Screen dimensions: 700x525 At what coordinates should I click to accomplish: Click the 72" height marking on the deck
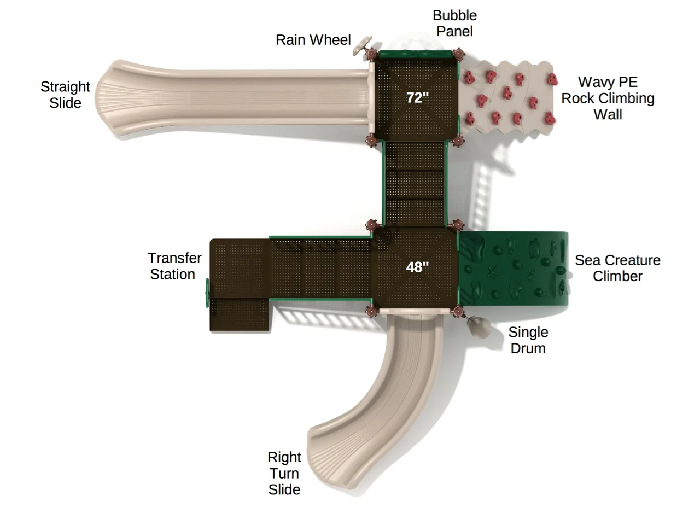pyautogui.click(x=417, y=97)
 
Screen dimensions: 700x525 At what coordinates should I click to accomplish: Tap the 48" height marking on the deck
pyautogui.click(x=417, y=267)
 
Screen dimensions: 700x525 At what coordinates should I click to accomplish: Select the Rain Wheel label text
pyautogui.click(x=313, y=40)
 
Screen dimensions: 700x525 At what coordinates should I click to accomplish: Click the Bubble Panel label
pyautogui.click(x=454, y=24)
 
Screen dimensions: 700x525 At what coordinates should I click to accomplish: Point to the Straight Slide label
pyautogui.click(x=66, y=95)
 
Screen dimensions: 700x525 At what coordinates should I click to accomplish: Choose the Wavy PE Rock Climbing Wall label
pyautogui.click(x=608, y=98)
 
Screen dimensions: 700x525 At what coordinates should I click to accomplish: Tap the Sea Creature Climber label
pyautogui.click(x=617, y=268)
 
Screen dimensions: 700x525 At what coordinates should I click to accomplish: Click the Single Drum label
pyautogui.click(x=528, y=340)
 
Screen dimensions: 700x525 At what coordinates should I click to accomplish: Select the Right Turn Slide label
pyautogui.click(x=284, y=473)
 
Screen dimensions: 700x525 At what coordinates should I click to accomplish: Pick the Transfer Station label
pyautogui.click(x=174, y=266)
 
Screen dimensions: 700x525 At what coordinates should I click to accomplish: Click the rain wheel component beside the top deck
pyautogui.click(x=362, y=45)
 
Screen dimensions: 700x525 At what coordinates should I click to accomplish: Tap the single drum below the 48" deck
pyautogui.click(x=479, y=326)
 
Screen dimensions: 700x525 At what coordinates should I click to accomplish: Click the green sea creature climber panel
pyautogui.click(x=513, y=269)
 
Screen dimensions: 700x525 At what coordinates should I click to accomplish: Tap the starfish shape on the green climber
pyautogui.click(x=493, y=272)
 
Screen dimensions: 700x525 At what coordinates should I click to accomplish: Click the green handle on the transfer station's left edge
pyautogui.click(x=207, y=293)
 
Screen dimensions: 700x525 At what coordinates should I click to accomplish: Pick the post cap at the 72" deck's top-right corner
pyautogui.click(x=458, y=54)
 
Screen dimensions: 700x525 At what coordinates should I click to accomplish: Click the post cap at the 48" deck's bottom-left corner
pyautogui.click(x=371, y=311)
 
